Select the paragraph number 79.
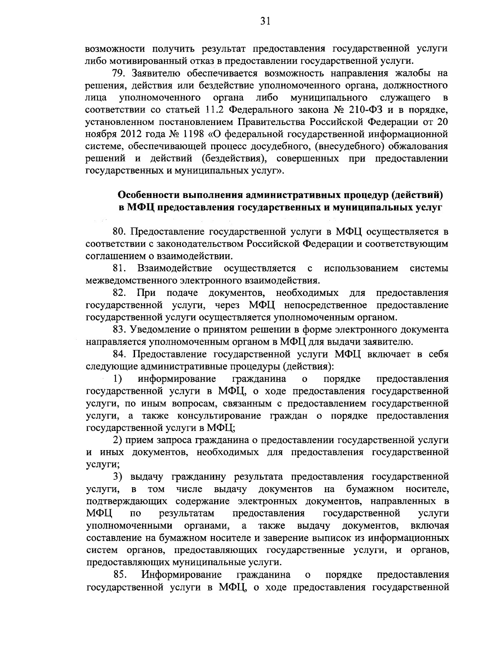(119, 74)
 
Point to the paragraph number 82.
(120, 293)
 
